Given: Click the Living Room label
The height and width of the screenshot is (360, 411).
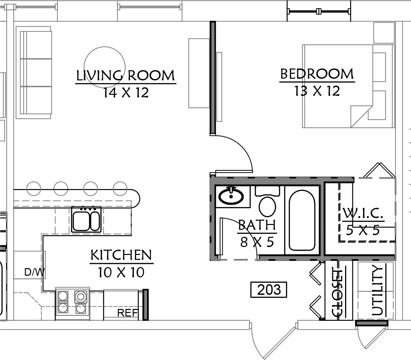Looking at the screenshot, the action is (x=125, y=75).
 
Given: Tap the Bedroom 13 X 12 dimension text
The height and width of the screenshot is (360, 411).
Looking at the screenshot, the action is (x=317, y=91).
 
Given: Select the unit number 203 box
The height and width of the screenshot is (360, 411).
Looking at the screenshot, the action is (x=269, y=290).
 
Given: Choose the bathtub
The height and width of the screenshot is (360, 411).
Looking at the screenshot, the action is (x=302, y=220).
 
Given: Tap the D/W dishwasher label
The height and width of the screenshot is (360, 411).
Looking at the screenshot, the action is (x=34, y=272).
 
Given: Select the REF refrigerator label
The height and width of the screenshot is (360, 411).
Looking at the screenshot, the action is (x=128, y=313).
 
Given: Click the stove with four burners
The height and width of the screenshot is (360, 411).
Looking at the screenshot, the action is (x=73, y=303).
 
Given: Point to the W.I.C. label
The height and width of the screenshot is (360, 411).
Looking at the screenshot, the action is (x=363, y=213).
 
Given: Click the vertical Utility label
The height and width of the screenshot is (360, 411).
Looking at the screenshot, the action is (x=377, y=290).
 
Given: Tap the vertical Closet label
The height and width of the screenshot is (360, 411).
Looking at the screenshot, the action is (x=337, y=292).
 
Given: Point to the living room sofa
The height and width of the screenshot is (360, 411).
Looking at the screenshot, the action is (x=34, y=72).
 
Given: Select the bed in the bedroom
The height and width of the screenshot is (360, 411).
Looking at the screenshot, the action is (x=348, y=86).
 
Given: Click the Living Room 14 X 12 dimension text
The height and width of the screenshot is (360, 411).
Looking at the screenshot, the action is (x=126, y=93).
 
